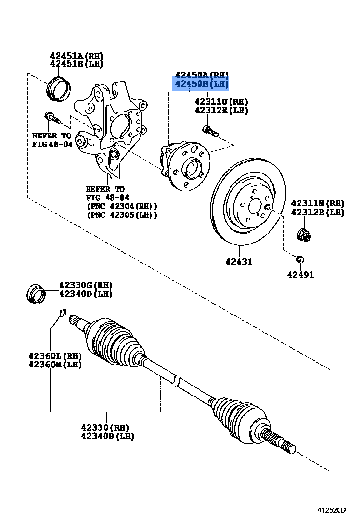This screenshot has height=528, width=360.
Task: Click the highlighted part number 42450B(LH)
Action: coord(201,84)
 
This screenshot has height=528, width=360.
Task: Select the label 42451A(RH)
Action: coord(77,56)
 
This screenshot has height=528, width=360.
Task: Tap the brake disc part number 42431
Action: coord(240,262)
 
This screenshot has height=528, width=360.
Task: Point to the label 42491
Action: coord(300,274)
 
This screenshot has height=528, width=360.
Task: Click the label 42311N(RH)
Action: coord(318,203)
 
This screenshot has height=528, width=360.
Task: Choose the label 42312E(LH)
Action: coord(221,111)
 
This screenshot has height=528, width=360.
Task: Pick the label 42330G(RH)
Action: coord(86,285)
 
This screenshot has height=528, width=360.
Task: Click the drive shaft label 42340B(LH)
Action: coord(108,436)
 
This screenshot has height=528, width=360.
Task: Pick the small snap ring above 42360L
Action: coord(62,313)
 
